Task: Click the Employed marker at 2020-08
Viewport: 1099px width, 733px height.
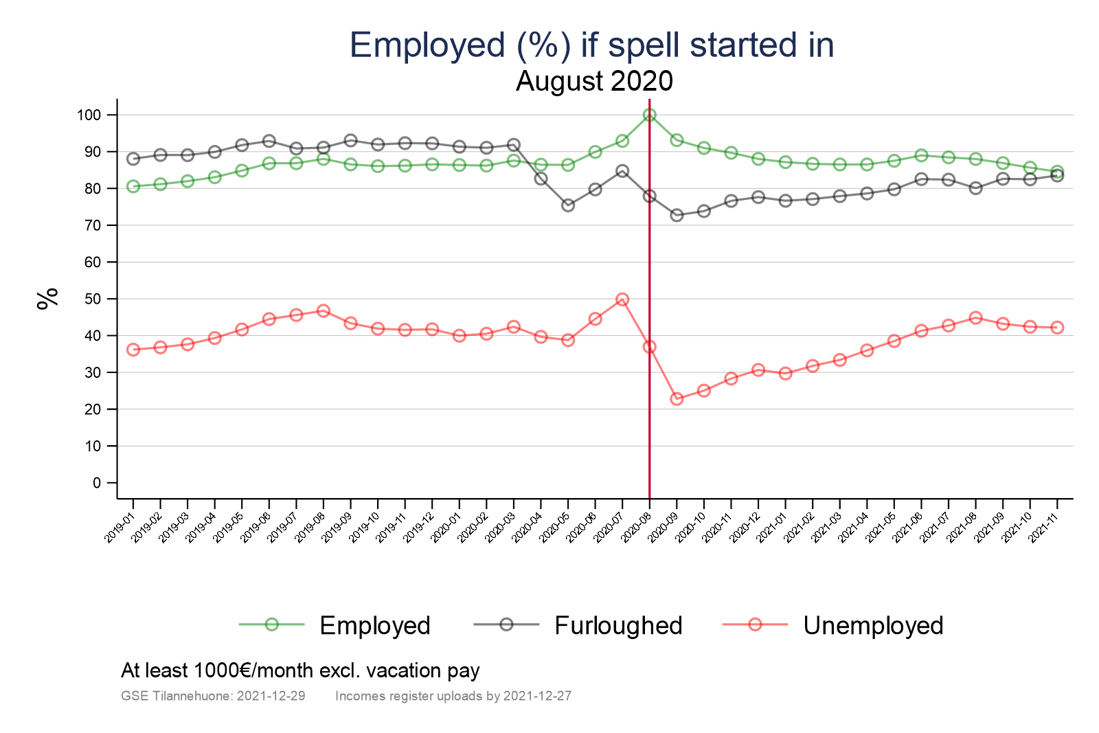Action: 649,115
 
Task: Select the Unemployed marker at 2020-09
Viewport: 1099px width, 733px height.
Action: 677,398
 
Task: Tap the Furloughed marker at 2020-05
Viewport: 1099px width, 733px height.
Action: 568,205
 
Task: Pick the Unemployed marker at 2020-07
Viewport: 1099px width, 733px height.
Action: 622,300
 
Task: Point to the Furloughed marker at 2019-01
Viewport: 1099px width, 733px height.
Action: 133,159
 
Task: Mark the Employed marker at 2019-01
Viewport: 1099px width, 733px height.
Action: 133,186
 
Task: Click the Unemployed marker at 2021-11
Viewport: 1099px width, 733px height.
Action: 1057,328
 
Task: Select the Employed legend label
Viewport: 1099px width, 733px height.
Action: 375,626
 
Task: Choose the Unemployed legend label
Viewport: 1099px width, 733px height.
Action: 873,626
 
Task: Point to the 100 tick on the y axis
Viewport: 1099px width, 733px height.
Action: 89,115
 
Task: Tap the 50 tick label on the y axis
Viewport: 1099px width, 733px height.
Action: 93,299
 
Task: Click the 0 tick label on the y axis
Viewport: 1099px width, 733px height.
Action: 97,483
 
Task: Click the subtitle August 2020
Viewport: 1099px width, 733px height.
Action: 594,81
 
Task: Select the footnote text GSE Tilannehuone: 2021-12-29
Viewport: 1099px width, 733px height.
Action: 213,696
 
